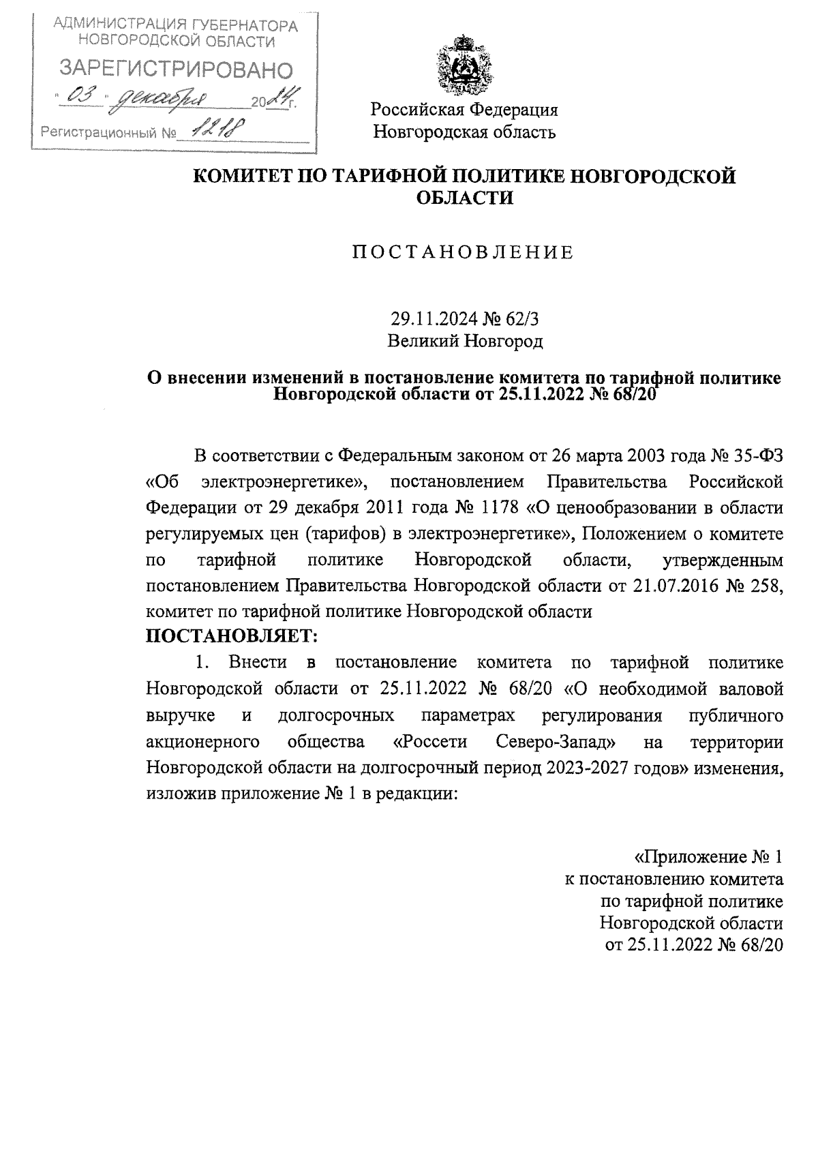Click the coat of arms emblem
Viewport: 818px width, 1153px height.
464,66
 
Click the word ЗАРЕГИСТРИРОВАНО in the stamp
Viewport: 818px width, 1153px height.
177,69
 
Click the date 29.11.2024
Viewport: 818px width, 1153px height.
429,318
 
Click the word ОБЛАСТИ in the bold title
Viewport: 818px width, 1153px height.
464,198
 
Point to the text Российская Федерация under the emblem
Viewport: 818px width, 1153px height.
464,109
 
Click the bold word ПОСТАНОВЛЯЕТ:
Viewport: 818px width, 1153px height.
232,637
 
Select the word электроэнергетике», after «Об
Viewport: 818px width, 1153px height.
285,482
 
